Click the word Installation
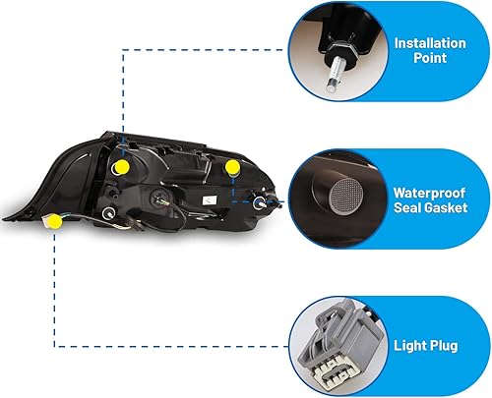(x=430, y=43)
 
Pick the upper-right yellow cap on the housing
(x=233, y=168)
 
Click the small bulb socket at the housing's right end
(x=262, y=202)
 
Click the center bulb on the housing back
(x=160, y=198)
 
